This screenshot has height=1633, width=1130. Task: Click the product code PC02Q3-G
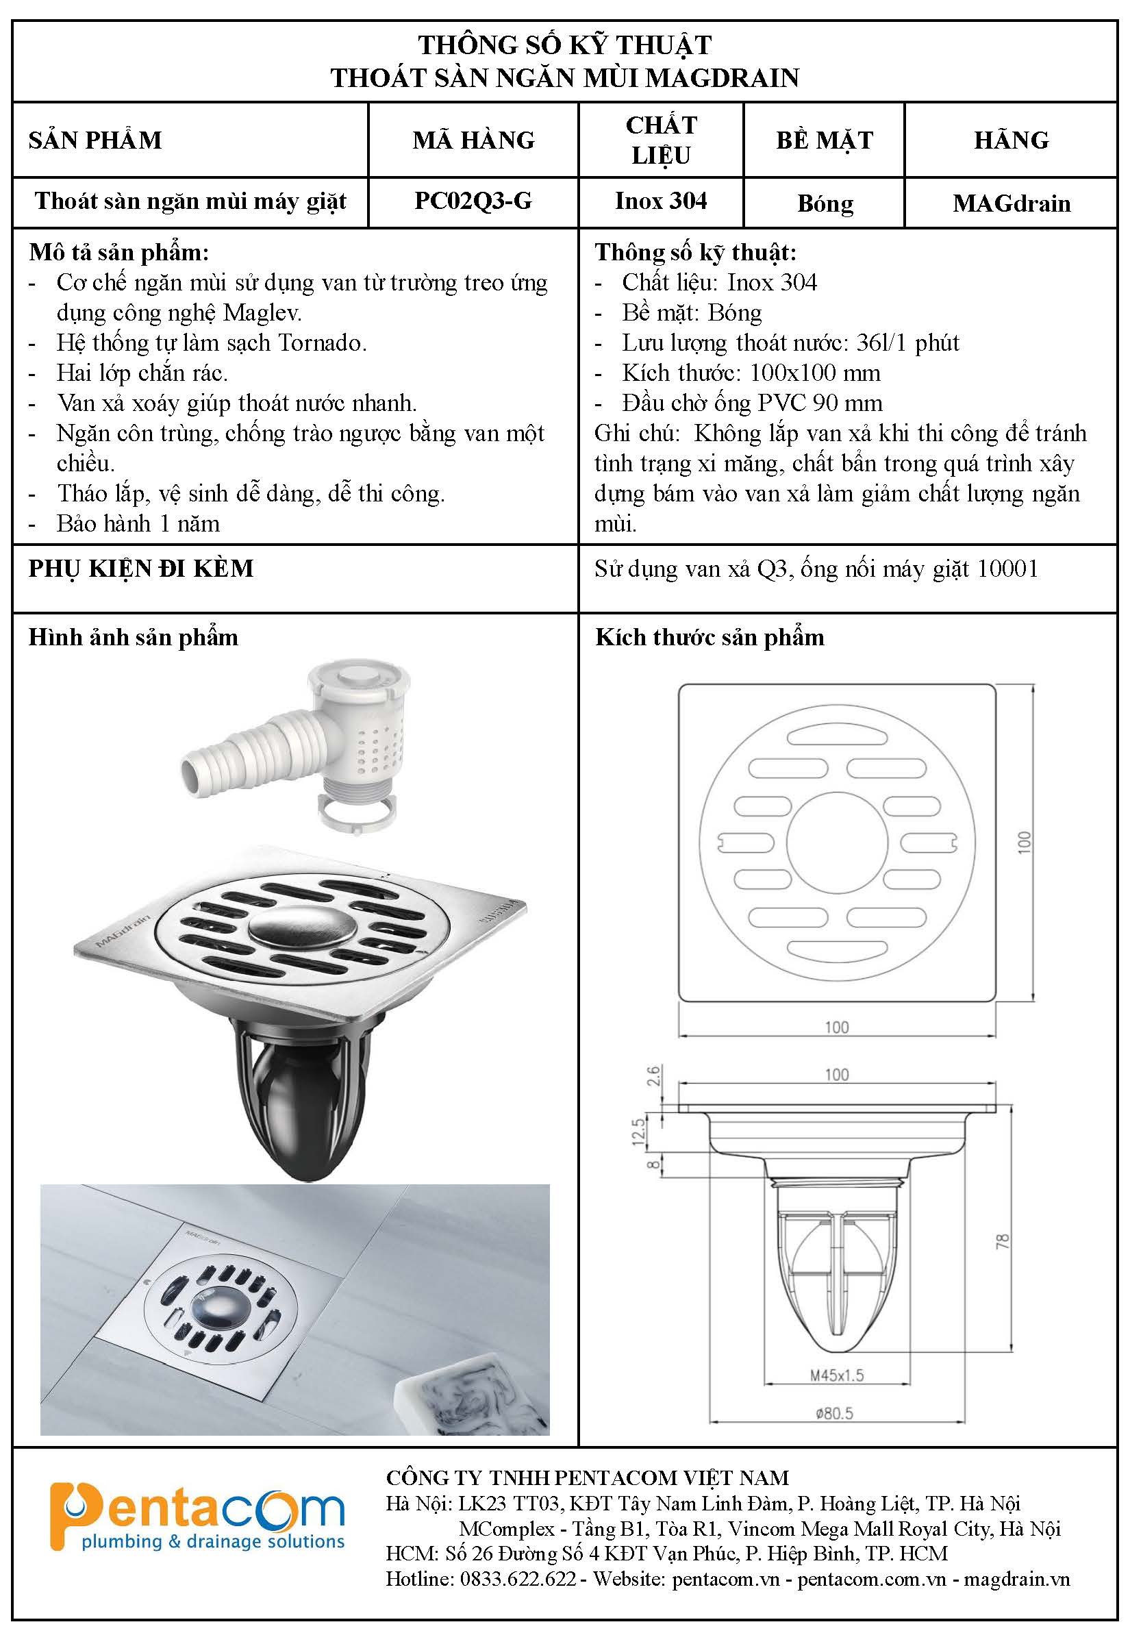[x=473, y=201]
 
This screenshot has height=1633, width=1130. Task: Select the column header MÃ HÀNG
[x=473, y=140]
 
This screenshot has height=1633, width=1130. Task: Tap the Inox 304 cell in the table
[x=661, y=201]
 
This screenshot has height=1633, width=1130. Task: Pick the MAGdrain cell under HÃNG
[x=1011, y=203]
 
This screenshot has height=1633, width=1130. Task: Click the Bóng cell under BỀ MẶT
[x=825, y=203]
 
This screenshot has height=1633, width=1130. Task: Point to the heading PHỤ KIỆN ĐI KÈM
[x=141, y=569]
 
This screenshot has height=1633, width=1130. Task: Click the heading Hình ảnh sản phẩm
[x=133, y=637]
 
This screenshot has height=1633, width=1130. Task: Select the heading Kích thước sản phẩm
[x=710, y=637]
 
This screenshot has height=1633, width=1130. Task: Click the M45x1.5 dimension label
[x=837, y=1375]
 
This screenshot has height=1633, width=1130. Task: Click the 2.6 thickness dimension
[x=653, y=1075]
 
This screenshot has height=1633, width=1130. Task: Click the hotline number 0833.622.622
[x=518, y=1578]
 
